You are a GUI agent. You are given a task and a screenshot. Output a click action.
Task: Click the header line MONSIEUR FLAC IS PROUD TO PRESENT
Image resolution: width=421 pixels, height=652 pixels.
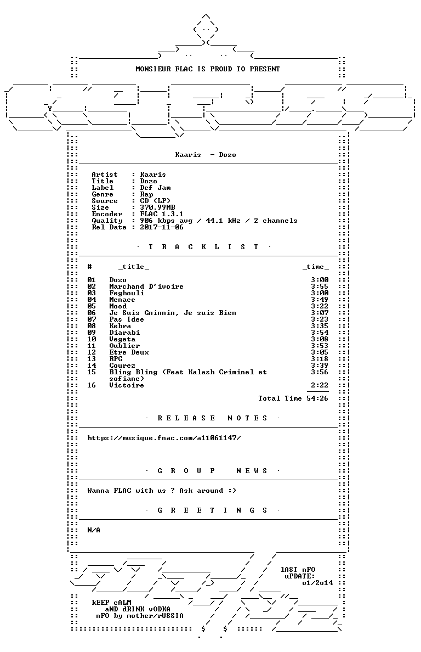click(x=208, y=69)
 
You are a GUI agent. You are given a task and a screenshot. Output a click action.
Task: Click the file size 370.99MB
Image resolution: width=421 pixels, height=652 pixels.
click(x=157, y=207)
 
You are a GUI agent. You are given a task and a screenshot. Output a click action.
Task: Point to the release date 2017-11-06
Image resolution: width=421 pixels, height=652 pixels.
click(x=162, y=227)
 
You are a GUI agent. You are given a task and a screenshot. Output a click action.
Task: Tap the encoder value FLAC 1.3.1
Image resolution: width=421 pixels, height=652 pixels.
click(x=162, y=214)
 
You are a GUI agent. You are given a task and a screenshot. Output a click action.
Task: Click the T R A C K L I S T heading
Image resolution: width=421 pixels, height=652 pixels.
click(x=203, y=247)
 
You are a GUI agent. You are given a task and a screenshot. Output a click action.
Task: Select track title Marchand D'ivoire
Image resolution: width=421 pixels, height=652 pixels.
click(x=146, y=286)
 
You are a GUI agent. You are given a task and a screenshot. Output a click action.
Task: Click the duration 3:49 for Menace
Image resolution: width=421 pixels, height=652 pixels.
click(x=320, y=300)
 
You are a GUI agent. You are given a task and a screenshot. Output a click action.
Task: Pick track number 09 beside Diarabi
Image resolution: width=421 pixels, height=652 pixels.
click(x=92, y=333)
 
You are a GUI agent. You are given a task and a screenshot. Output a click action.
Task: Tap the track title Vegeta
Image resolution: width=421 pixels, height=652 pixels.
click(x=122, y=339)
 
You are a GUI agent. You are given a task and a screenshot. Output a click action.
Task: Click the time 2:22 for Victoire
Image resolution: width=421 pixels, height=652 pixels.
click(x=320, y=385)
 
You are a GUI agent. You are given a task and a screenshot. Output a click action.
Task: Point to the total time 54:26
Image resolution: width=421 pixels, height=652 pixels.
click(x=317, y=398)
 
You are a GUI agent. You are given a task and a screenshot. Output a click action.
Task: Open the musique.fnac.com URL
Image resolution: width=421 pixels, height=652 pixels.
click(x=164, y=438)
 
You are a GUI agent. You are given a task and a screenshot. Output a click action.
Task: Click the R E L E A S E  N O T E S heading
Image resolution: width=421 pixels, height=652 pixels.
click(x=212, y=418)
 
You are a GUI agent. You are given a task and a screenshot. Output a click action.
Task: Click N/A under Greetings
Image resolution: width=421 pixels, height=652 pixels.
click(x=94, y=530)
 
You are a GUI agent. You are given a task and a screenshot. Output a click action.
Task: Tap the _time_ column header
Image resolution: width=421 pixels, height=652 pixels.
click(x=316, y=267)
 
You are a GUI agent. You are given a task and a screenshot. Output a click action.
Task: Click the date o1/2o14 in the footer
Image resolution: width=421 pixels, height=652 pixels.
click(x=317, y=583)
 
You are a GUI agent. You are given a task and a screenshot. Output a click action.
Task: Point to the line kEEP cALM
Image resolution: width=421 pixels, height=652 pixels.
click(x=111, y=603)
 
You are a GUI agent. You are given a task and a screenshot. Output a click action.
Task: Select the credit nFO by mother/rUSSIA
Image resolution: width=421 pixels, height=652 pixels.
click(x=139, y=616)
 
